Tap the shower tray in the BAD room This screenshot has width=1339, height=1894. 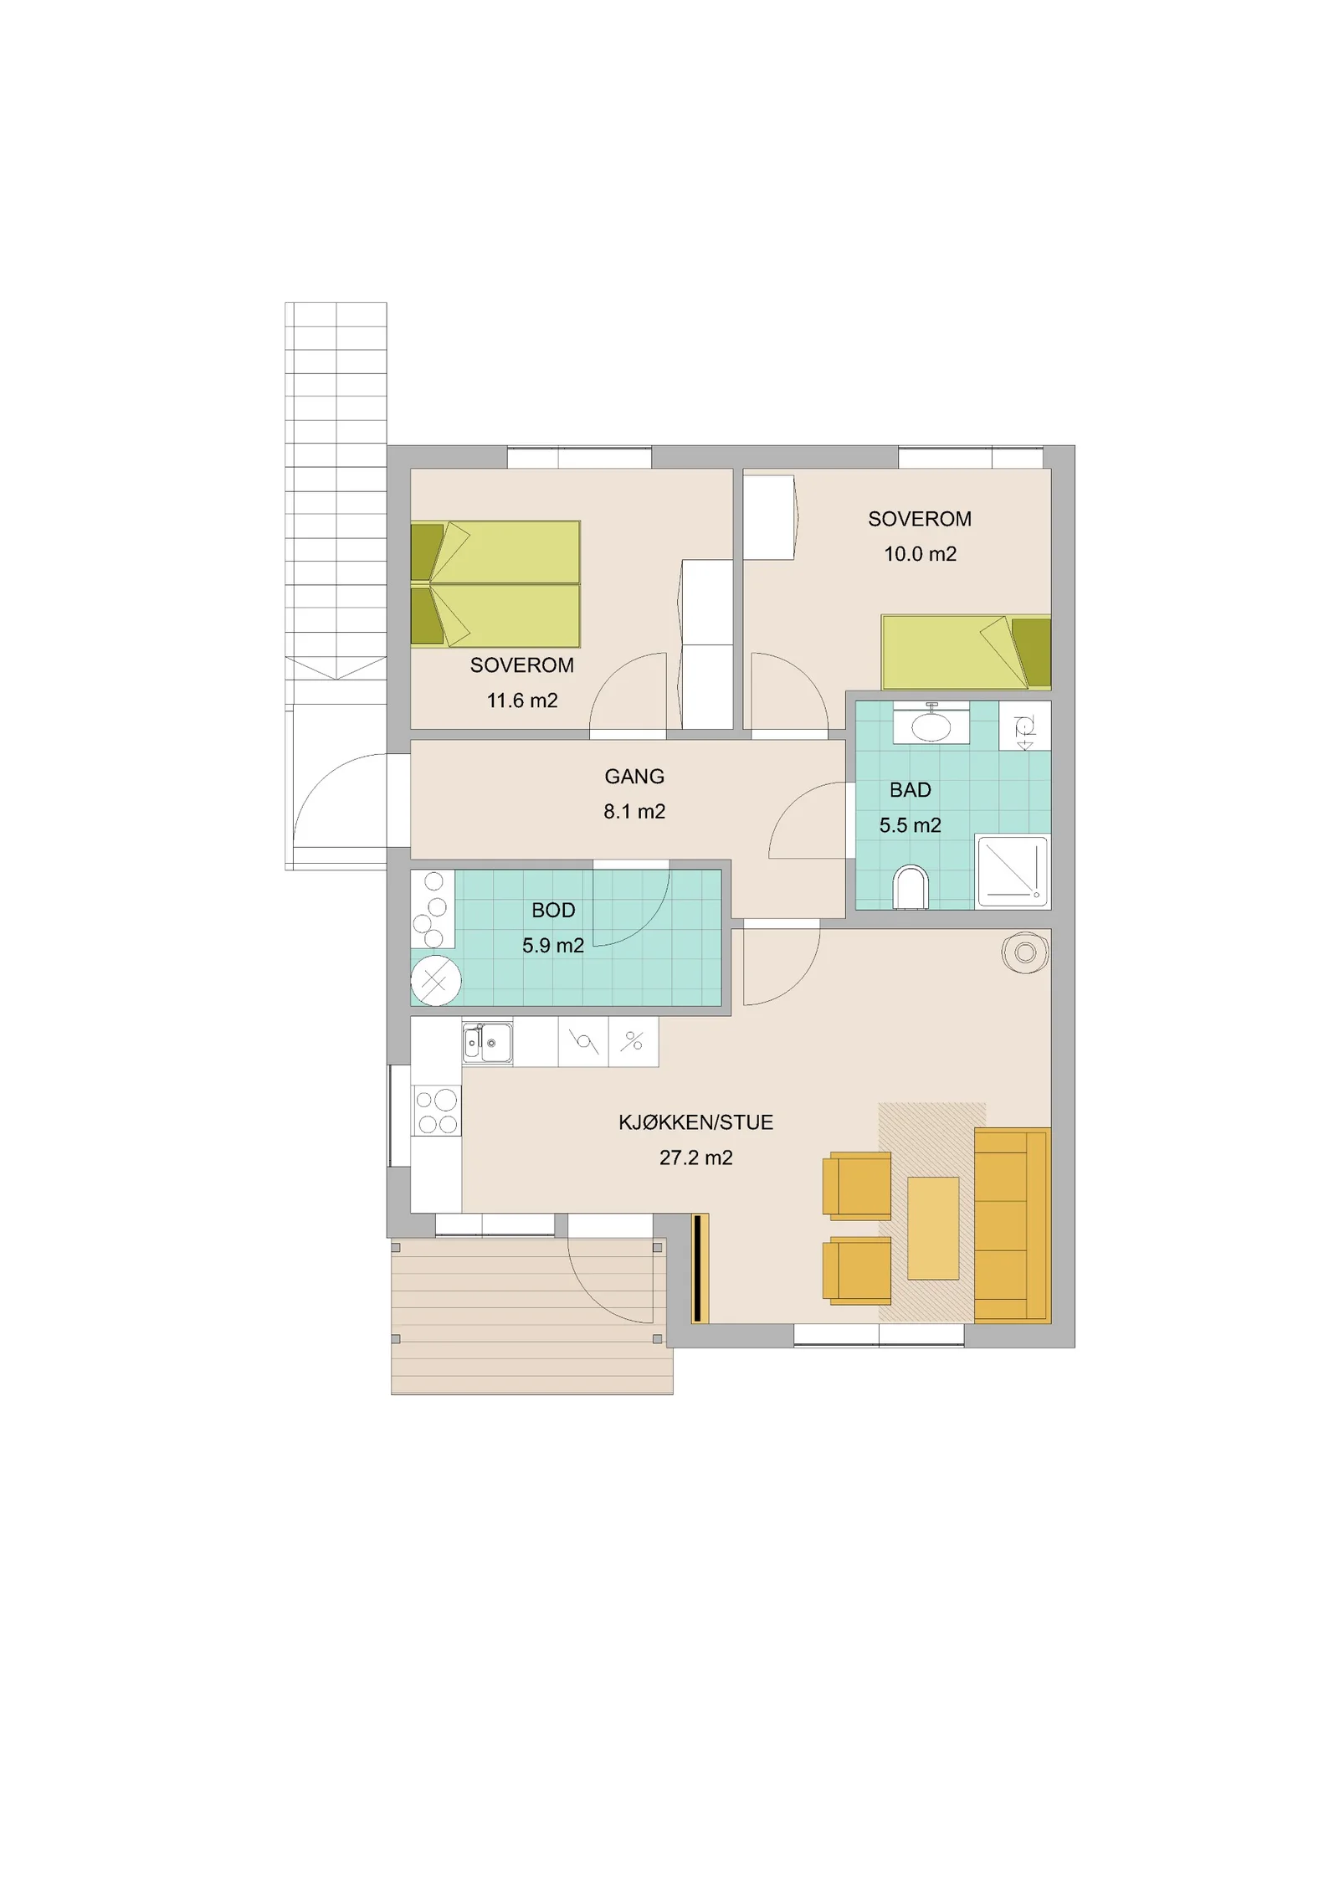[1013, 870]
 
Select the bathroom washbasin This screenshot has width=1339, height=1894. [931, 724]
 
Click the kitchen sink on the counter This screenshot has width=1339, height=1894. [487, 1043]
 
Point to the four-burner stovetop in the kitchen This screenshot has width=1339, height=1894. [436, 1111]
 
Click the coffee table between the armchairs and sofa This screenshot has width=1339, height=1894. [933, 1228]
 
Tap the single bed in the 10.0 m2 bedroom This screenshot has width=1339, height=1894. [966, 652]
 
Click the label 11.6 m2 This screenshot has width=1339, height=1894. [522, 701]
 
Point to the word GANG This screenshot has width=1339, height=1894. [634, 777]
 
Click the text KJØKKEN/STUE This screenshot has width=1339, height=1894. [695, 1122]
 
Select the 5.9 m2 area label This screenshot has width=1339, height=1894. [553, 946]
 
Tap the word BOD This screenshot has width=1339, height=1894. [553, 910]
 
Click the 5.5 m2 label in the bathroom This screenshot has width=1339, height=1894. [910, 825]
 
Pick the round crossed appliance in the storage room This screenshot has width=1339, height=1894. [435, 981]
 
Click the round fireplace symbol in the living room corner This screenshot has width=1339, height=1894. [1025, 952]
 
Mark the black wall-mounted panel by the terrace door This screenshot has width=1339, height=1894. [696, 1268]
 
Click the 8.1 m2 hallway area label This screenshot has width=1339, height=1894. [634, 811]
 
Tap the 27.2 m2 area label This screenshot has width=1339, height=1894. [695, 1157]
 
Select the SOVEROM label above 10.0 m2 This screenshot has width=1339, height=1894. [920, 519]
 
